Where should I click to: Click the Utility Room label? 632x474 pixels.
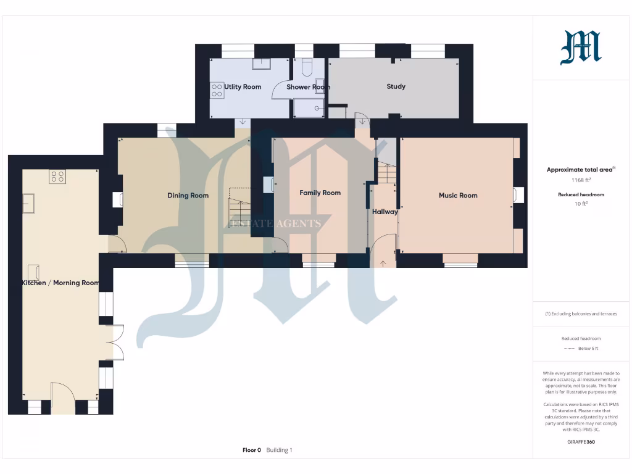point(243,87)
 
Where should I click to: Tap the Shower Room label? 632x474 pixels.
point(308,87)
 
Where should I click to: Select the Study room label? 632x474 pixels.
point(396,86)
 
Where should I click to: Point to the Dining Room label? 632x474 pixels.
point(188,196)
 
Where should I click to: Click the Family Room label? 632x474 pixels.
point(320,193)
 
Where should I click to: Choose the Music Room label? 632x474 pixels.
point(457,196)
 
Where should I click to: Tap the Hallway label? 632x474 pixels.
point(385,212)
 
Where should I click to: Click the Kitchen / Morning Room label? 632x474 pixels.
point(60,283)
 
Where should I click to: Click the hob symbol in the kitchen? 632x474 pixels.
point(57,177)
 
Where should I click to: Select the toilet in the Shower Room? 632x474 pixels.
point(307,67)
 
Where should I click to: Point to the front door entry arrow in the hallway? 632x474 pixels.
point(383,264)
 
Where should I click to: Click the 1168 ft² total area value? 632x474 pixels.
point(580,180)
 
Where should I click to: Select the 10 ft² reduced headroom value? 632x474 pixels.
point(580,203)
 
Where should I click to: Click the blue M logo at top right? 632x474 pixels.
point(580,49)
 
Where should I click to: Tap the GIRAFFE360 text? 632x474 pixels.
point(580,442)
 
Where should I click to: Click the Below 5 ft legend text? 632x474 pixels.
point(588,349)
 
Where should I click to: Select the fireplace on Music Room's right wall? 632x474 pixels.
point(518,195)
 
